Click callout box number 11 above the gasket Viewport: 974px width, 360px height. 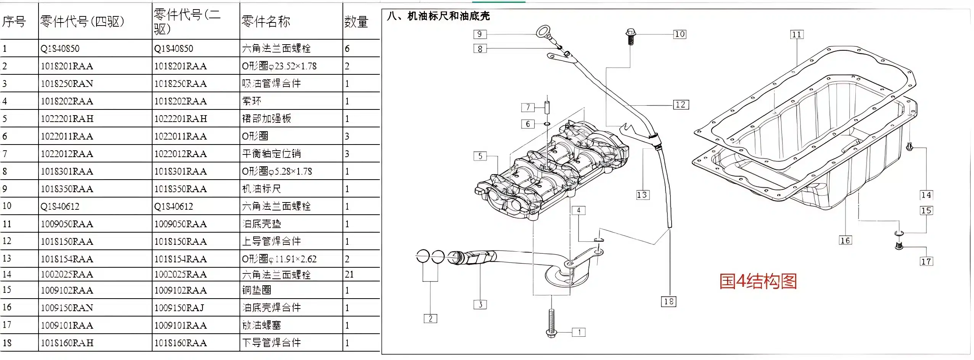pyautogui.click(x=797, y=35)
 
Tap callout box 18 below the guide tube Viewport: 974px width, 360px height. pyautogui.click(x=669, y=302)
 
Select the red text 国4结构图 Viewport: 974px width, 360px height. pyautogui.click(x=758, y=281)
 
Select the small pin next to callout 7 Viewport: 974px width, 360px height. pyautogui.click(x=547, y=107)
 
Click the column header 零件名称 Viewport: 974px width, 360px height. pyautogui.click(x=266, y=21)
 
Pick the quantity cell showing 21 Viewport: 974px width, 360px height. pyautogui.click(x=349, y=274)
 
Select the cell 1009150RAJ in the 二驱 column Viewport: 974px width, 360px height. pyautogui.click(x=179, y=308)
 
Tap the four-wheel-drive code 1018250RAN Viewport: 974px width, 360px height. pyautogui.click(x=67, y=84)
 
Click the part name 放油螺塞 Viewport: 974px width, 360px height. pyautogui.click(x=261, y=325)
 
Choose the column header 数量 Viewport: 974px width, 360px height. pyautogui.click(x=356, y=22)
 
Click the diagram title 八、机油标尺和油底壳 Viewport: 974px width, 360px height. pyautogui.click(x=438, y=16)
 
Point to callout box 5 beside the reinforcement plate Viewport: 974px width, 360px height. pyautogui.click(x=480, y=156)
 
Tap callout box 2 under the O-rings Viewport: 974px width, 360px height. pyautogui.click(x=430, y=318)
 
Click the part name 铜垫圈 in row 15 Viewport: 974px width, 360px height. pyautogui.click(x=257, y=290)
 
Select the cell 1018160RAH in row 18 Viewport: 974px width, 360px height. pyautogui.click(x=67, y=343)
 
